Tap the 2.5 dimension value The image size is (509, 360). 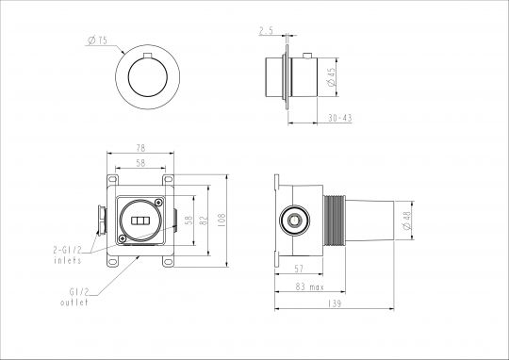pos(266,31)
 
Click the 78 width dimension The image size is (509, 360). pos(140,147)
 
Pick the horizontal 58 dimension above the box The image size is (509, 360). pos(140,161)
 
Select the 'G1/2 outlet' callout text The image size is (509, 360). pos(75,298)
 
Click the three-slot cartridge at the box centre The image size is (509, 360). pos(140,221)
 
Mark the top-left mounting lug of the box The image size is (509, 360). pos(112,178)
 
